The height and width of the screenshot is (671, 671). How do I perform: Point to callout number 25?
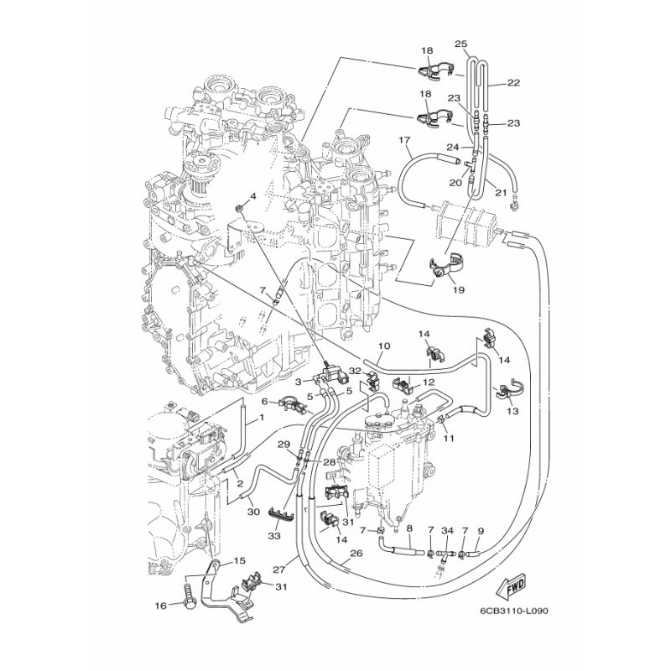(460, 44)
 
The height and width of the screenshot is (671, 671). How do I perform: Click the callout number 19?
(458, 289)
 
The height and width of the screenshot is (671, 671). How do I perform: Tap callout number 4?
(253, 196)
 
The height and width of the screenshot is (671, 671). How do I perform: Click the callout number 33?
(274, 535)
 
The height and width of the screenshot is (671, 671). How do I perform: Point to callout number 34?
(447, 531)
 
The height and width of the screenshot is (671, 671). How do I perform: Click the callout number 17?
(404, 140)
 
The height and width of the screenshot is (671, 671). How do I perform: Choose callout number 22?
(513, 82)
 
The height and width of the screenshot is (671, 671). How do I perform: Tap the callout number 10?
(384, 346)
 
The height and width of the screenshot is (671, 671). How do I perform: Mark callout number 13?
(512, 411)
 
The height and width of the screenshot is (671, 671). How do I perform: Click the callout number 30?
(253, 512)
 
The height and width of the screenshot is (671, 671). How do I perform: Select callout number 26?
(356, 554)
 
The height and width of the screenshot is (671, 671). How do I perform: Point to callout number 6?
(264, 401)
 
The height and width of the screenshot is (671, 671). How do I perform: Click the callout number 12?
(429, 382)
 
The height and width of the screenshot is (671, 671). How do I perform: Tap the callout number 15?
(239, 561)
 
